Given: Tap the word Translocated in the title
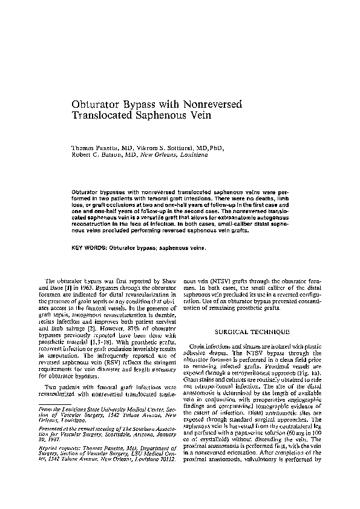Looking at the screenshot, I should pos(107,118).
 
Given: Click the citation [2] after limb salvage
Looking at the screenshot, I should pos(88,328).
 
